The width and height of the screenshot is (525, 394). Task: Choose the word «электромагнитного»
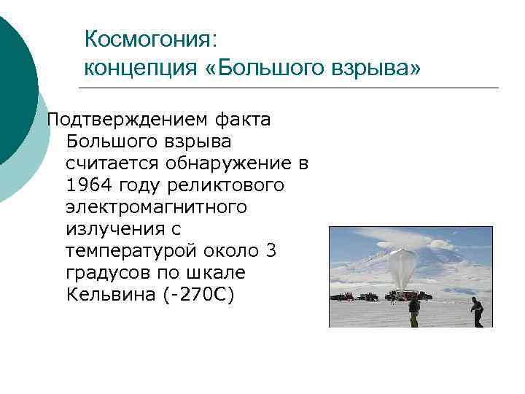pos(156,207)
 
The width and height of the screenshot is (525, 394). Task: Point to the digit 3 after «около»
pos(271,251)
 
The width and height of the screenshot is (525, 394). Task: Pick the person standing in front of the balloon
pos(414,309)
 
